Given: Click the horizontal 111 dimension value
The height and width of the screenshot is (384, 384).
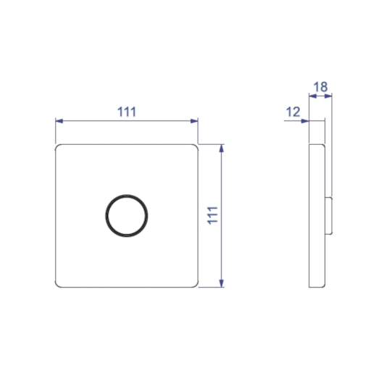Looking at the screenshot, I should [x=127, y=112].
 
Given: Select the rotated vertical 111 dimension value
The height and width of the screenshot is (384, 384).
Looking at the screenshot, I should [x=212, y=215].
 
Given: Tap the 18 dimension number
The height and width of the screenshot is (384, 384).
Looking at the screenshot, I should [x=320, y=88].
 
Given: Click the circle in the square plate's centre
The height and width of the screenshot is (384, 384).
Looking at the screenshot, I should [x=127, y=215].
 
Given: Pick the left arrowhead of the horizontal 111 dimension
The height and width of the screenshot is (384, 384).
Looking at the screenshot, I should [x=59, y=121].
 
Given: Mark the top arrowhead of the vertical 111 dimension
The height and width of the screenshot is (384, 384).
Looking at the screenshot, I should [x=222, y=147].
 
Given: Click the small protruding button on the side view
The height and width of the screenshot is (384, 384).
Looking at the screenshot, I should [x=330, y=215].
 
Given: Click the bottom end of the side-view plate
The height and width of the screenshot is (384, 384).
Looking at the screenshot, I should [x=317, y=285].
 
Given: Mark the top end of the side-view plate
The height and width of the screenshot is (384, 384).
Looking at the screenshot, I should [x=317, y=146].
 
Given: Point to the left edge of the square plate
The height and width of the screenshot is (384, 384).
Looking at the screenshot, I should [x=56, y=215].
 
